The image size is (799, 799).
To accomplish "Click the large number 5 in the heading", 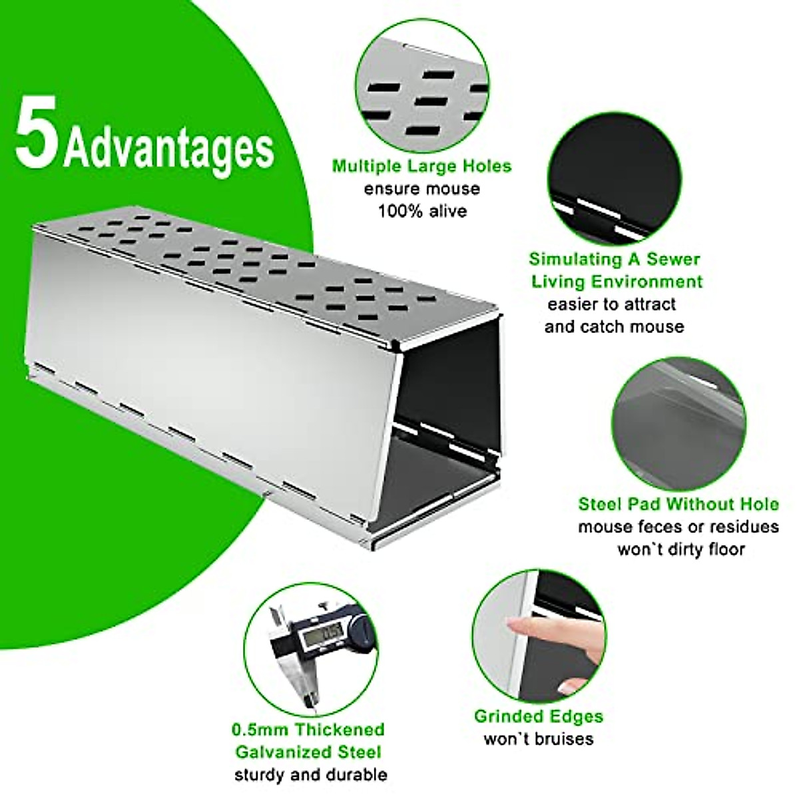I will click(x=38, y=133).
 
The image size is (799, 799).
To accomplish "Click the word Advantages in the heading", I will click(x=169, y=148).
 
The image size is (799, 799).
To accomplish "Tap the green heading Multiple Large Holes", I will click(x=422, y=166).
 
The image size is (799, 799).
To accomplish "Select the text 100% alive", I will click(x=422, y=212).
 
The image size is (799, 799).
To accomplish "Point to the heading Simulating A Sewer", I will click(x=615, y=259).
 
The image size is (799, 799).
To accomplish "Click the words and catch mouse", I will click(x=615, y=327).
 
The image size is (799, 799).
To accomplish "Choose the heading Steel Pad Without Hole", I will click(x=678, y=504).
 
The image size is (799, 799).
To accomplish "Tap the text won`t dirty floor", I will click(x=680, y=550).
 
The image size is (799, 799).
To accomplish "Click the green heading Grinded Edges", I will click(x=539, y=716).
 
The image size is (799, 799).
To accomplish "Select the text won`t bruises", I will click(x=539, y=739).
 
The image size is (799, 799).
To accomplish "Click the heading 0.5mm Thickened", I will click(x=308, y=730).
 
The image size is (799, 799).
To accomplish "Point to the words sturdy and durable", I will click(x=310, y=775).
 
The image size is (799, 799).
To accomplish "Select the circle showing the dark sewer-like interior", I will click(x=615, y=178).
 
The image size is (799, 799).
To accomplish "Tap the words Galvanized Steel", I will click(x=308, y=752).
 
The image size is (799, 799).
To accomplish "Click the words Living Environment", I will click(x=617, y=281).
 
